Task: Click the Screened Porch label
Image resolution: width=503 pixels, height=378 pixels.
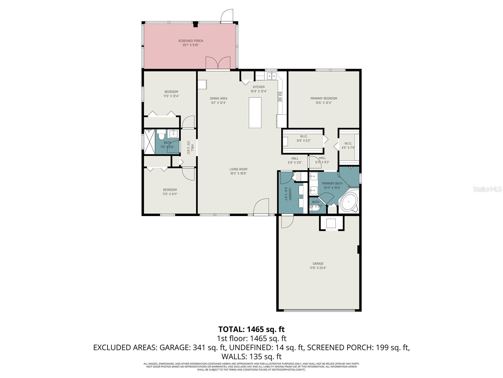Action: (191, 41)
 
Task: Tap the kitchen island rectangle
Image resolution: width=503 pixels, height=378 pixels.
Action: (255, 112)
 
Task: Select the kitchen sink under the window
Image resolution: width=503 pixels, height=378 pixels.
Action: (271, 76)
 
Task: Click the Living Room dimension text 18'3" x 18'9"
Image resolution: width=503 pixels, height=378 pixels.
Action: (238, 173)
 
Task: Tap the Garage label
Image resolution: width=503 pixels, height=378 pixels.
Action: (318, 264)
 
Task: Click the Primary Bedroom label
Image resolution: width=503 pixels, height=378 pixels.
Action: (323, 98)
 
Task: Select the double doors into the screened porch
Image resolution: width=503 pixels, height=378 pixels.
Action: (218, 63)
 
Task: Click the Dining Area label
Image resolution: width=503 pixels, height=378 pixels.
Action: (218, 98)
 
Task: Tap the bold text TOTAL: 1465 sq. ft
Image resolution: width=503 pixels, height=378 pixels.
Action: (251, 329)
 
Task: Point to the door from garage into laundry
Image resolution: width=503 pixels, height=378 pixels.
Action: (287, 221)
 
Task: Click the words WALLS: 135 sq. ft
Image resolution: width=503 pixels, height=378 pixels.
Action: (251, 357)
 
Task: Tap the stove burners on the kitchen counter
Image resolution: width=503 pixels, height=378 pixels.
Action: (280, 96)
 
